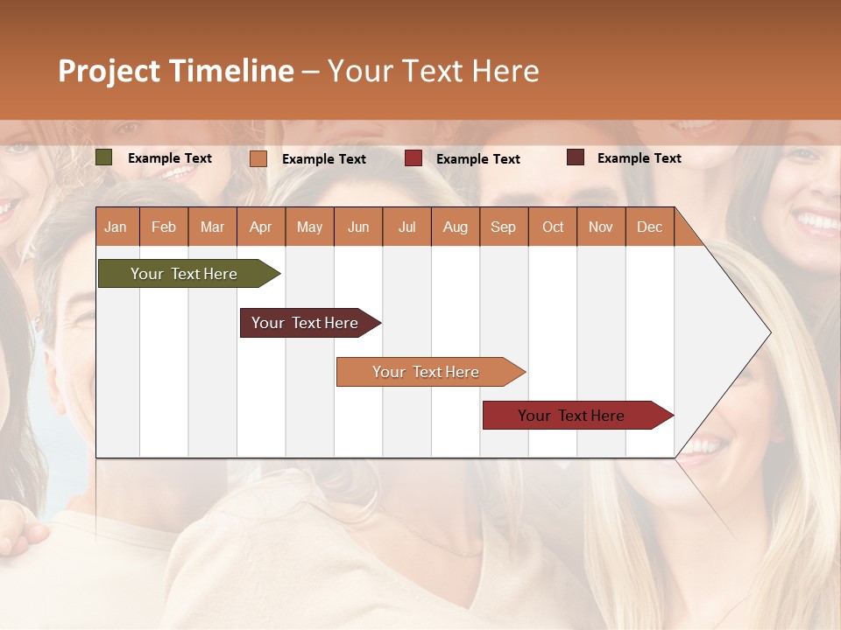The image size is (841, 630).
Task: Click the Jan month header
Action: tap(116, 227)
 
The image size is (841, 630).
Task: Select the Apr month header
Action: tap(260, 227)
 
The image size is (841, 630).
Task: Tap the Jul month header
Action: tap(406, 227)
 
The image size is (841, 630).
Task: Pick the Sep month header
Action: tap(503, 227)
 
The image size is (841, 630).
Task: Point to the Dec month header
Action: tap(649, 227)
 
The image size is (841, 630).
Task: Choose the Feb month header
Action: tap(164, 227)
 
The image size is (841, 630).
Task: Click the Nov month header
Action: tap(600, 227)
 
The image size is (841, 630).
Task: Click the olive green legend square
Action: tap(104, 157)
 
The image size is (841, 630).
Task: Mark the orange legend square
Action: tap(258, 158)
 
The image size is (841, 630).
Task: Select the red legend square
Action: tap(413, 158)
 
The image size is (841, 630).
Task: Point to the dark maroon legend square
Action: tap(576, 157)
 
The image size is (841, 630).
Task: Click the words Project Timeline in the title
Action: tap(175, 71)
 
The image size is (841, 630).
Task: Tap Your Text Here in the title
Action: tap(433, 71)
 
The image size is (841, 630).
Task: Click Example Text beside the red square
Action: tap(477, 158)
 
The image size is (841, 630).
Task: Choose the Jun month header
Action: tap(358, 227)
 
